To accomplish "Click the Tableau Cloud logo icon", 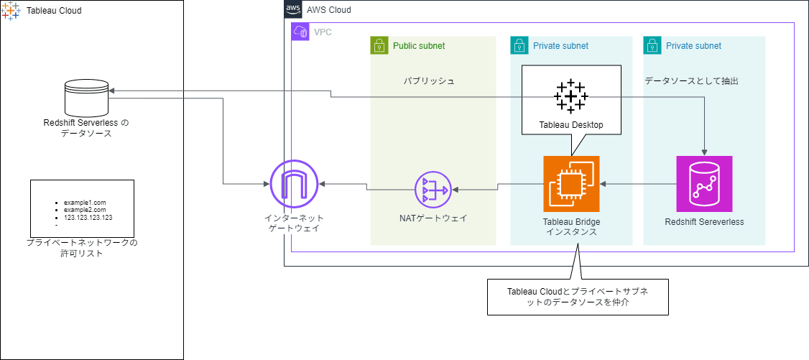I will click(11, 11).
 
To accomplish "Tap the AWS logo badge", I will click(293, 10).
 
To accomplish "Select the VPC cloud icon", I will click(300, 32).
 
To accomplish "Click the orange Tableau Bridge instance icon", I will click(571, 183).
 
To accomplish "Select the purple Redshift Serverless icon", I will click(704, 183).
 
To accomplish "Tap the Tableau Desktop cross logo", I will click(571, 96).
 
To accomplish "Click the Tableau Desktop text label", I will click(571, 125).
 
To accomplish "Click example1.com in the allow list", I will click(84, 203).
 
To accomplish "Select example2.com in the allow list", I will click(84, 210).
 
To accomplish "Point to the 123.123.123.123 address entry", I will click(88, 217).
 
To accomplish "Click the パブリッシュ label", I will click(428, 81).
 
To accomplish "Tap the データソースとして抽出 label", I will click(691, 81).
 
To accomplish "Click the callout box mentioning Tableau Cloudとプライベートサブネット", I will click(578, 297).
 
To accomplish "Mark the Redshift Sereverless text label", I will click(704, 222).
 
